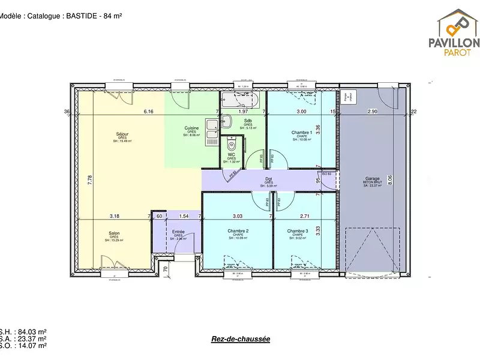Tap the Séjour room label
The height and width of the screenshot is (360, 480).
[x=122, y=134]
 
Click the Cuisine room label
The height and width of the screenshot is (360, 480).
[x=191, y=128]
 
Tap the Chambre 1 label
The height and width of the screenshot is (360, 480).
[x=301, y=133]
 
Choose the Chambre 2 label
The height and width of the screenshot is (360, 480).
[x=238, y=231]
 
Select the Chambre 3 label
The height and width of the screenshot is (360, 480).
[x=297, y=231]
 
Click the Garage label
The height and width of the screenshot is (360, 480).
[x=373, y=179]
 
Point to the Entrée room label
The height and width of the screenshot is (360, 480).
[x=179, y=231]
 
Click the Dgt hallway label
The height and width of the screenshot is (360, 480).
[x=269, y=179]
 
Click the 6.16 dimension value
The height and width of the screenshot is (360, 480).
[x=148, y=112]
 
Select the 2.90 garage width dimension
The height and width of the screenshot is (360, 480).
[x=373, y=112]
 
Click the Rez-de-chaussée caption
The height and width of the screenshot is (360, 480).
[x=240, y=339]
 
